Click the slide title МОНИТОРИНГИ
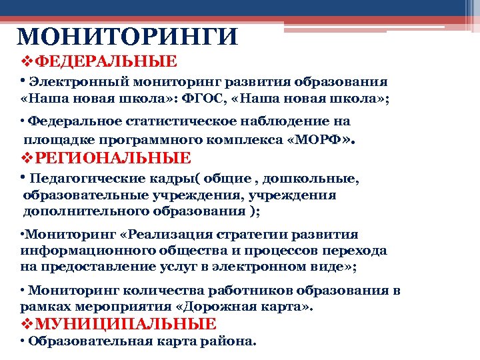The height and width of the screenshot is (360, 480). (x=126, y=37)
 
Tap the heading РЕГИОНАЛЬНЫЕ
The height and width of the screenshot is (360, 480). (x=113, y=158)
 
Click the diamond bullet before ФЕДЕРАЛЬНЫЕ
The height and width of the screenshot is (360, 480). (x=27, y=62)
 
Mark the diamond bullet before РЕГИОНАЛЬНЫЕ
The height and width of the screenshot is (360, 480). (x=27, y=158)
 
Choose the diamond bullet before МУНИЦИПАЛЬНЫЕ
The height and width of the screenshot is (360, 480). (x=27, y=324)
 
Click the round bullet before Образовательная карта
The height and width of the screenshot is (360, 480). (x=23, y=341)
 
